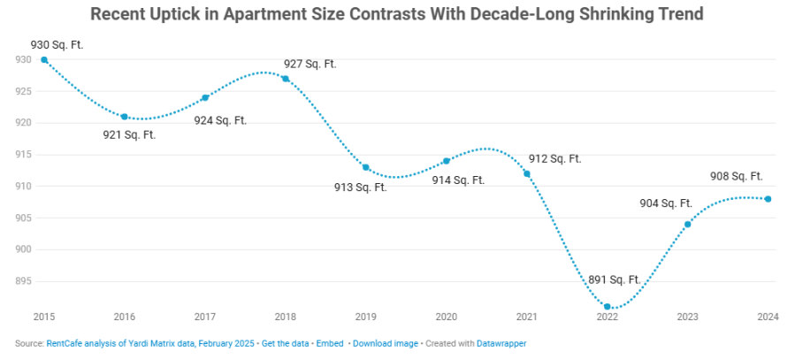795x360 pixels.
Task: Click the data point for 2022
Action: click(x=607, y=307)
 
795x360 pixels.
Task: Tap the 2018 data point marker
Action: click(x=285, y=79)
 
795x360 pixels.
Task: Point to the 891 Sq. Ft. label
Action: click(x=614, y=280)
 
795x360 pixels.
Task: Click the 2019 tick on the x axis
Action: click(x=365, y=317)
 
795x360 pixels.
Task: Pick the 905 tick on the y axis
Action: click(x=23, y=218)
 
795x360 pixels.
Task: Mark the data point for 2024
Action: click(x=768, y=199)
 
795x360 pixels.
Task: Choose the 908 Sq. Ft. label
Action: click(x=736, y=176)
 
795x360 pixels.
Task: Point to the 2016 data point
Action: click(x=125, y=117)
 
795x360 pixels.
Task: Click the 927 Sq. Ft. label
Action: click(x=310, y=64)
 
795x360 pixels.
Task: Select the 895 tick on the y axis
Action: click(x=23, y=281)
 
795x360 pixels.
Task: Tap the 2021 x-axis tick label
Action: click(x=526, y=317)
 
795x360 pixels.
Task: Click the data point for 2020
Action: click(x=447, y=161)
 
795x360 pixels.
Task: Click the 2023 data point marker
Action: click(x=687, y=224)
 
